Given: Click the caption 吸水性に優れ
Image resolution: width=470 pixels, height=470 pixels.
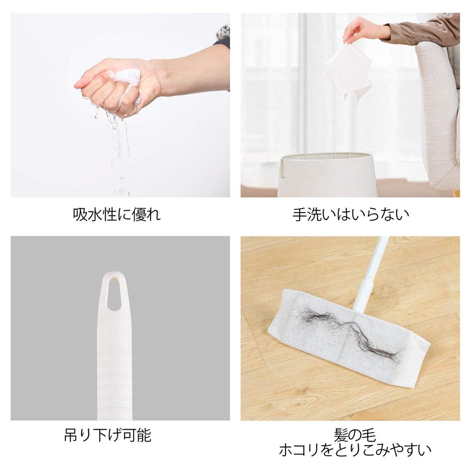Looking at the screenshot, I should [x=117, y=214].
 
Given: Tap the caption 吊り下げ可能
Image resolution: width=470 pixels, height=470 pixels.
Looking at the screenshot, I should [x=107, y=435].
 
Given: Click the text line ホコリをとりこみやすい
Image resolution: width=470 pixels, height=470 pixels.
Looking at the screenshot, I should [x=355, y=449].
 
